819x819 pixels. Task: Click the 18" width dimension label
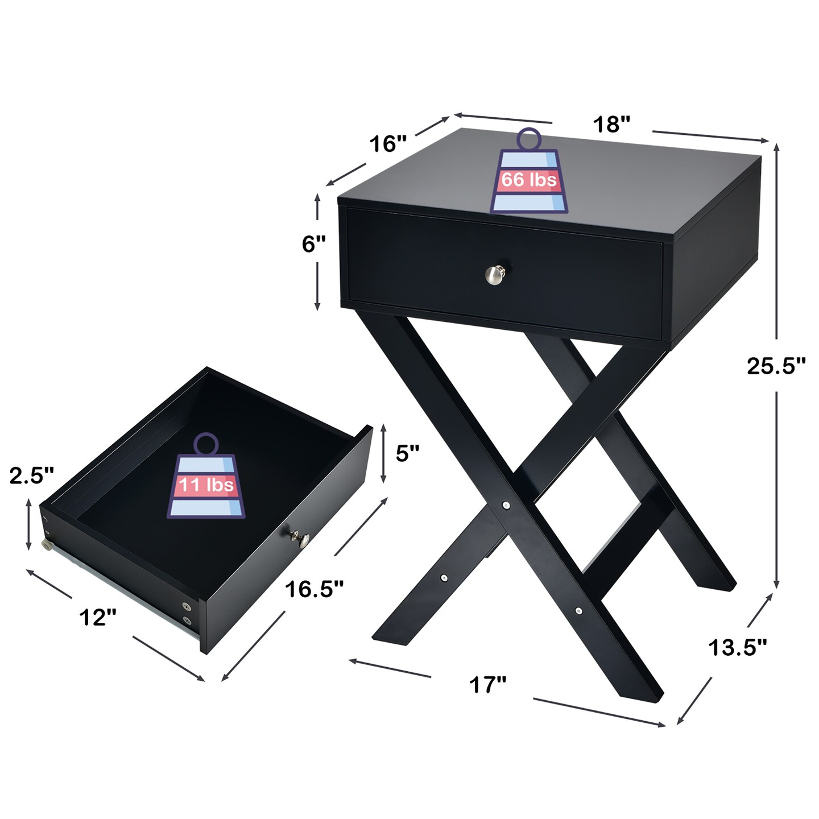point(611,124)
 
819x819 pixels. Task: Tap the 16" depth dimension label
point(388,144)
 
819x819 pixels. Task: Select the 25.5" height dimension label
point(776,366)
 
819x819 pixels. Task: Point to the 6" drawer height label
point(313,244)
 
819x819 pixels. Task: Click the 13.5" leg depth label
point(738,647)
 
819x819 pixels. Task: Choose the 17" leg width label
point(487,685)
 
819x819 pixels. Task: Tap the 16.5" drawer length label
point(314,589)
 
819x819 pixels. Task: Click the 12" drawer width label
point(98,617)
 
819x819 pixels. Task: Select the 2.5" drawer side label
point(32,475)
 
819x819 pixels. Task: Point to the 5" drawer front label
point(407,453)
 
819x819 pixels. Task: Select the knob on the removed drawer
point(300,536)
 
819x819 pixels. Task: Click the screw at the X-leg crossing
point(506,504)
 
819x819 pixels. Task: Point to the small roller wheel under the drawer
point(47,546)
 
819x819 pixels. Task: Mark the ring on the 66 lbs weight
point(529,139)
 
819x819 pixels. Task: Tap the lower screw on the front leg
point(578,611)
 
